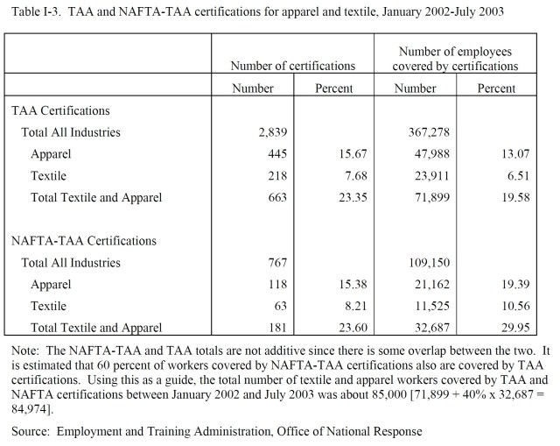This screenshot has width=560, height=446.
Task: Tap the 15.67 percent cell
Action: (336, 154)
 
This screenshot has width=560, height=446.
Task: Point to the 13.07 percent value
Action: (499, 154)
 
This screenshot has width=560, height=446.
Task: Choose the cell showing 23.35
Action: (336, 197)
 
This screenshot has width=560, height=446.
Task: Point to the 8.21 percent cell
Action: (339, 306)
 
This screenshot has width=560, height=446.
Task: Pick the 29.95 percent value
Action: (499, 328)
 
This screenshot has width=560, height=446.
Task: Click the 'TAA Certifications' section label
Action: (60, 111)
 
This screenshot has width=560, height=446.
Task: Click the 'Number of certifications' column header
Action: (293, 66)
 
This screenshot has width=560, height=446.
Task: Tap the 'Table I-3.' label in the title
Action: (32, 11)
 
